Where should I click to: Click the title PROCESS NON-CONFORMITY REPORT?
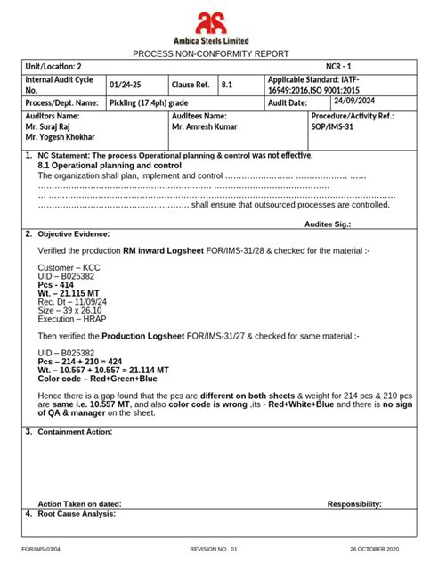[210, 53]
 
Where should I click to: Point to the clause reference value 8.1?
[226, 85]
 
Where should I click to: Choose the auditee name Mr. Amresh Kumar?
[204, 127]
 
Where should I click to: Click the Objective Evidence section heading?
[73, 234]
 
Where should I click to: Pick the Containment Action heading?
[74, 431]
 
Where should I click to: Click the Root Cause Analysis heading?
[77, 514]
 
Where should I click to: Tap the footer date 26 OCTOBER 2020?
[374, 550]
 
